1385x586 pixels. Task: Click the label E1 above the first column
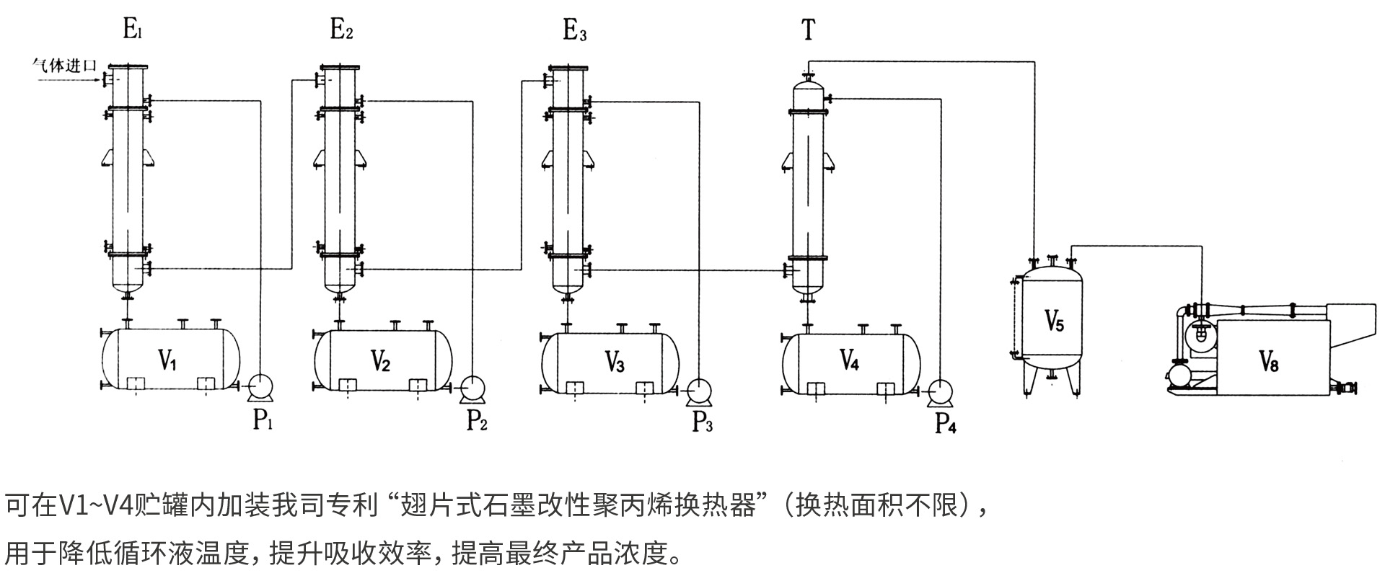[135, 30]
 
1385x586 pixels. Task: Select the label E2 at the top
[341, 30]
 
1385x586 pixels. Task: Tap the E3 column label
[574, 31]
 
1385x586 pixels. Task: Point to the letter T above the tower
[808, 30]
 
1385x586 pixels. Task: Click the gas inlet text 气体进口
[64, 65]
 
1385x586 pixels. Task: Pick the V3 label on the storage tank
[614, 363]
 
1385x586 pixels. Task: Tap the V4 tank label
[849, 360]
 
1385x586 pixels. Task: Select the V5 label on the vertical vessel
[1054, 320]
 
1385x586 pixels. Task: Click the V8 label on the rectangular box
[1268, 360]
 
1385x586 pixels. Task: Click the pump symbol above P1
[259, 387]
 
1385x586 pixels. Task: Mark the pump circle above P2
[472, 388]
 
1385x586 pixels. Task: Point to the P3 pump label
[702, 422]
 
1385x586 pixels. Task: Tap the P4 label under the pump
[945, 424]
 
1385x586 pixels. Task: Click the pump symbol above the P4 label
[940, 391]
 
